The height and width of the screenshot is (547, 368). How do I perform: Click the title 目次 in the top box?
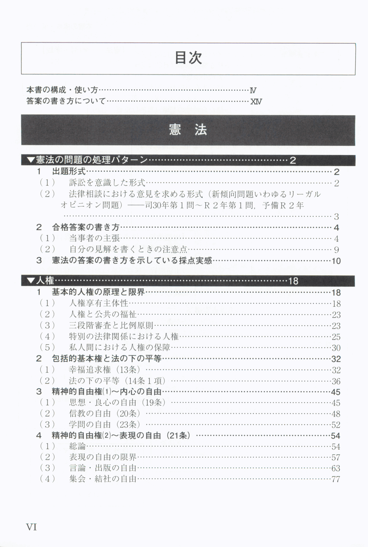[188, 58]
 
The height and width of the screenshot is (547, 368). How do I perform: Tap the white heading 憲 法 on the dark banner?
[188, 130]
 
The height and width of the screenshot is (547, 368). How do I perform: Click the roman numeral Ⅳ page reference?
[253, 91]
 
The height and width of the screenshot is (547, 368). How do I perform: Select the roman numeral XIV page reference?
[256, 101]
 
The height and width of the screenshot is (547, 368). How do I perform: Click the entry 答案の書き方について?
[66, 101]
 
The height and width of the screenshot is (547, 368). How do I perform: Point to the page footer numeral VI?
[31, 527]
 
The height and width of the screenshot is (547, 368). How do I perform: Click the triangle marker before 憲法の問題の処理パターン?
[30, 160]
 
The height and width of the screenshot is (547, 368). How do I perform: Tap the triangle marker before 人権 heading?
[30, 281]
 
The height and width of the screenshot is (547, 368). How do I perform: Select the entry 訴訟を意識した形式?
[107, 183]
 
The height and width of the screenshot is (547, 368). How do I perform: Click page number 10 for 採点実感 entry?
[336, 261]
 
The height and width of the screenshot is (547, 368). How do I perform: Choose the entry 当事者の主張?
[94, 238]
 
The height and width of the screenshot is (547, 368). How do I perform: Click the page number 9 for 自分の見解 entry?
[336, 250]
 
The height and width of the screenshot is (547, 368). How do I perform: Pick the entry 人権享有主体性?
[98, 303]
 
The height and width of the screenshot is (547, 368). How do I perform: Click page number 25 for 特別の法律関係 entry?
[336, 337]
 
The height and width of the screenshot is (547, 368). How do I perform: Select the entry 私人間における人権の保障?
[120, 348]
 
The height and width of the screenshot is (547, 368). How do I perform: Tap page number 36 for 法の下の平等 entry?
[336, 381]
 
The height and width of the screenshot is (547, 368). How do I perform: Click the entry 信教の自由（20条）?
[104, 413]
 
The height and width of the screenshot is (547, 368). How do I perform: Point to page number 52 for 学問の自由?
[336, 425]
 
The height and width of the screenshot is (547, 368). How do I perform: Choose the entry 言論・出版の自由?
[103, 468]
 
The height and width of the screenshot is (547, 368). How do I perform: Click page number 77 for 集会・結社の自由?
[336, 479]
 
